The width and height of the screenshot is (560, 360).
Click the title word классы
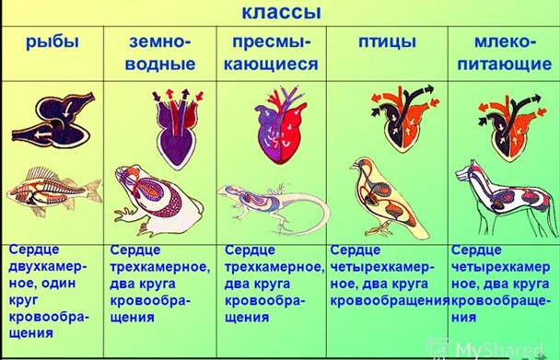tap(282, 14)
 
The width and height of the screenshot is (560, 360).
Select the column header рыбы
tap(52, 42)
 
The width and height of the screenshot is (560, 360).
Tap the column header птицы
tap(388, 42)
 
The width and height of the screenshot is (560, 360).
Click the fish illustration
tap(53, 190)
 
